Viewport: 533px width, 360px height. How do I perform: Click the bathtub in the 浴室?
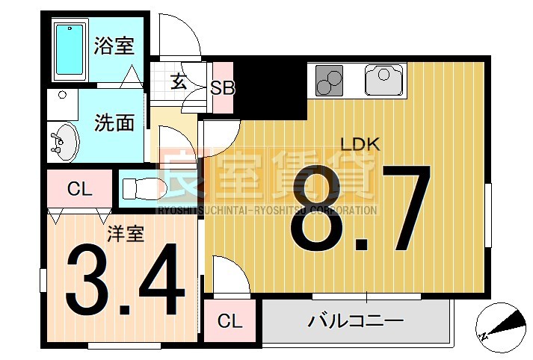pyautogui.click(x=70, y=50)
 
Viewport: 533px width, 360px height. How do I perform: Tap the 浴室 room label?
pyautogui.click(x=114, y=46)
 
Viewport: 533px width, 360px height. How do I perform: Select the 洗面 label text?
pyautogui.click(x=114, y=122)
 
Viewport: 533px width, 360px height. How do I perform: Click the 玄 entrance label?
pyautogui.click(x=179, y=81)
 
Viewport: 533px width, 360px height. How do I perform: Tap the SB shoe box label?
pyautogui.click(x=222, y=87)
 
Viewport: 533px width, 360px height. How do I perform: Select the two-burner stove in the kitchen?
pyautogui.click(x=330, y=81)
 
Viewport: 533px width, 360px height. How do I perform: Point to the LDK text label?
pyautogui.click(x=360, y=144)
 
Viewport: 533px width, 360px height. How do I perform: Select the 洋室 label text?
pyautogui.click(x=125, y=234)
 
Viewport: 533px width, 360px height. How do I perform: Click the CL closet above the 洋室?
pyautogui.click(x=79, y=190)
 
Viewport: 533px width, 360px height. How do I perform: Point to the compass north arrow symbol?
pyautogui.click(x=499, y=326)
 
